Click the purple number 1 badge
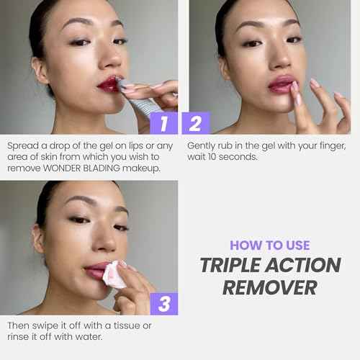tap(164, 123)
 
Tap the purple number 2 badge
tap(195, 123)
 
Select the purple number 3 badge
tap(164, 304)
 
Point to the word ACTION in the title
tap(306, 265)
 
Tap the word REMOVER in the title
tap(271, 287)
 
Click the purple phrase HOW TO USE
tap(271, 245)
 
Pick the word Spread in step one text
tap(21, 145)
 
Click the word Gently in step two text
tap(202, 145)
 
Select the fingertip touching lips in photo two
tap(294, 86)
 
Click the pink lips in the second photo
tap(282, 84)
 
